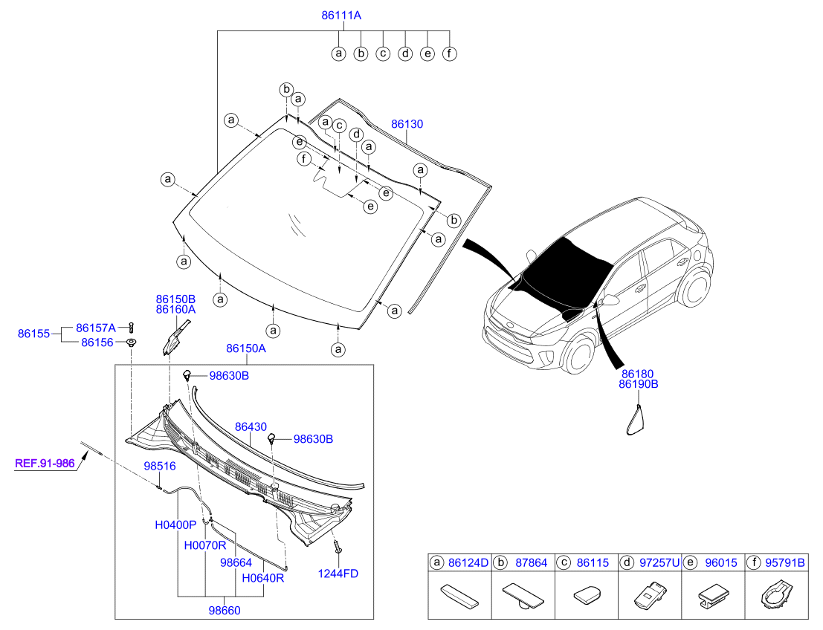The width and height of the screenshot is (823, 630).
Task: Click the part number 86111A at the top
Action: [x=341, y=16]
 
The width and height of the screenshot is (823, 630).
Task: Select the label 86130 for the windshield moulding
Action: [x=407, y=124]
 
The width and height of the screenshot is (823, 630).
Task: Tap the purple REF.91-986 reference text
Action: [x=45, y=463]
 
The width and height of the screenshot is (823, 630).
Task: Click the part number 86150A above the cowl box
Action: [x=246, y=348]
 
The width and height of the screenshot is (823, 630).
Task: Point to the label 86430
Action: [x=251, y=427]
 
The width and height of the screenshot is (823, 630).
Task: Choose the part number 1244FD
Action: [x=338, y=574]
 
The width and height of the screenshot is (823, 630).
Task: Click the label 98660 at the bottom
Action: [x=225, y=611]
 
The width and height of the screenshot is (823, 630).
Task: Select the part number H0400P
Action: [x=175, y=525]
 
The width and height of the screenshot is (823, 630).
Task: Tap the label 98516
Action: [x=160, y=467]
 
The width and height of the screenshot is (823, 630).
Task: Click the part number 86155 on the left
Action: [x=33, y=334]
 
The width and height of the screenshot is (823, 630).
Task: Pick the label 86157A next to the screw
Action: [x=95, y=328]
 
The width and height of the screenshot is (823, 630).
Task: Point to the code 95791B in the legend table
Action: [x=784, y=563]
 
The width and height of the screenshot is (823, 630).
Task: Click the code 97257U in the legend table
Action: [x=659, y=563]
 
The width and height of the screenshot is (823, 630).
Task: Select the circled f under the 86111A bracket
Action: [x=449, y=53]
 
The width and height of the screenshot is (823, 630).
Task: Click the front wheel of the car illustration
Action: [x=581, y=354]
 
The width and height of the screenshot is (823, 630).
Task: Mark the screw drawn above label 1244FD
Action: [x=338, y=547]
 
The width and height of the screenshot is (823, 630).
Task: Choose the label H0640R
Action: [x=263, y=578]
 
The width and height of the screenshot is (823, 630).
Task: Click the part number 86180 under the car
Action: [x=638, y=374]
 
